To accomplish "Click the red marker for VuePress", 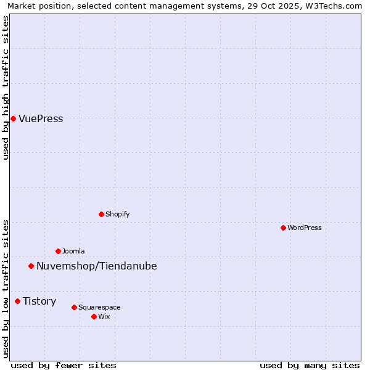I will click(13, 118).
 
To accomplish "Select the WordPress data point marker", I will click(283, 228).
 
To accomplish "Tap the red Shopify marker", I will click(101, 214).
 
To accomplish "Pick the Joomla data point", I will click(58, 251).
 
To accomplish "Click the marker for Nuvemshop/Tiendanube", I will click(31, 266).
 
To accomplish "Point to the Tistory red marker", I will click(17, 301).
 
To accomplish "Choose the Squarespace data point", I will click(74, 307).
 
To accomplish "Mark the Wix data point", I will click(94, 316).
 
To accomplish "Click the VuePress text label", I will click(41, 119).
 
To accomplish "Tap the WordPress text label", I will click(305, 228).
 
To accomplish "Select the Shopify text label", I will click(117, 214).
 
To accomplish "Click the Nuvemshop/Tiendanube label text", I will click(97, 266).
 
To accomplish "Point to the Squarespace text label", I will click(99, 307).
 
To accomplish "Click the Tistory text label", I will click(39, 302).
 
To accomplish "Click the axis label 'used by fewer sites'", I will click(64, 365).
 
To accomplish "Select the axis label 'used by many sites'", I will click(310, 365).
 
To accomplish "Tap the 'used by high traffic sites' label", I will click(6, 88).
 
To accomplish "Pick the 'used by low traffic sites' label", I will click(6, 289).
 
